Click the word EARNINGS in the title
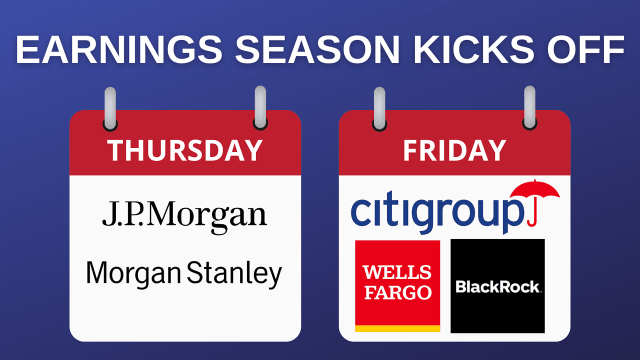coord(119,49)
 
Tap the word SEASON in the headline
coord(317,49)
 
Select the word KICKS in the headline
coord(473,49)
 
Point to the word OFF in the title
coord(585,49)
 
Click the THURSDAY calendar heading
coord(185,150)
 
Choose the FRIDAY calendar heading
coord(454,150)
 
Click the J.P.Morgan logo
coord(185,216)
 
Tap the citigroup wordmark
coord(437,213)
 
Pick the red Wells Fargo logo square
coord(397,286)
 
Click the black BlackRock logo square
coord(497,286)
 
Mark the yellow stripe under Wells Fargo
coord(397,328)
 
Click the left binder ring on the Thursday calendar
coord(110,108)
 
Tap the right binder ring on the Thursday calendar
coord(260,107)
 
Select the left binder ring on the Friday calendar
coord(379,108)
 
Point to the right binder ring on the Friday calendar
coord(529,107)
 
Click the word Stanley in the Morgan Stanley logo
coord(234,274)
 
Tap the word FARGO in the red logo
coord(398,292)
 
